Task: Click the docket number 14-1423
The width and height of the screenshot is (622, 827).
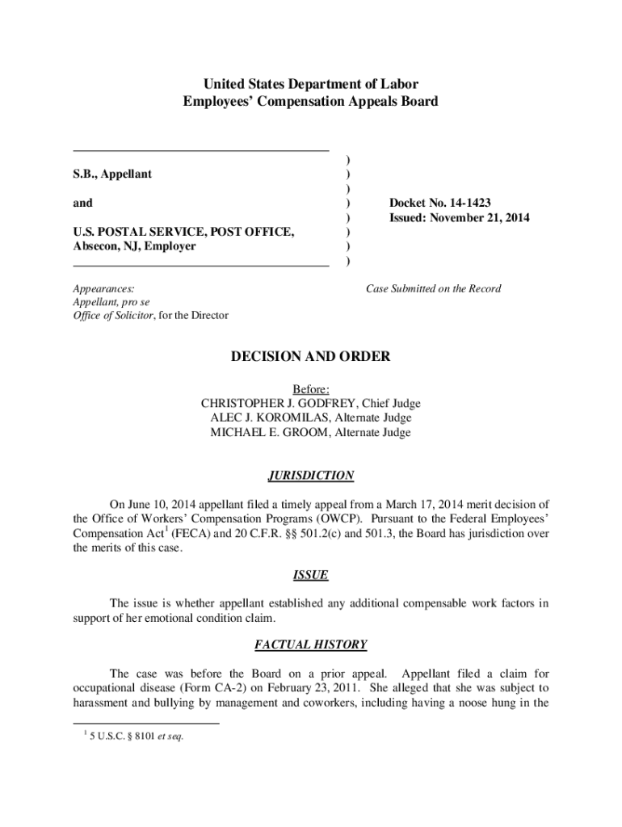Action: [466, 203]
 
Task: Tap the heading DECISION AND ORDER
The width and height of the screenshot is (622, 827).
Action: [311, 356]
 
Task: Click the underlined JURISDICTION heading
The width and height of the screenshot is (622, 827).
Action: [311, 476]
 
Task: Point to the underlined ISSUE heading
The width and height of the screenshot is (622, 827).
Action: [310, 575]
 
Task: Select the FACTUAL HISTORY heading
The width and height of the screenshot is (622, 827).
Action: [310, 644]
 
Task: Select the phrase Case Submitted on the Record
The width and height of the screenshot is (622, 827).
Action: [434, 288]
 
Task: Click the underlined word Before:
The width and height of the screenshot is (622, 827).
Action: [311, 388]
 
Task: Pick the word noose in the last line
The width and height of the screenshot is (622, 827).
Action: [466, 703]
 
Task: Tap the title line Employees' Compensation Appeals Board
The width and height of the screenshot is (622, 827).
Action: [311, 102]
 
